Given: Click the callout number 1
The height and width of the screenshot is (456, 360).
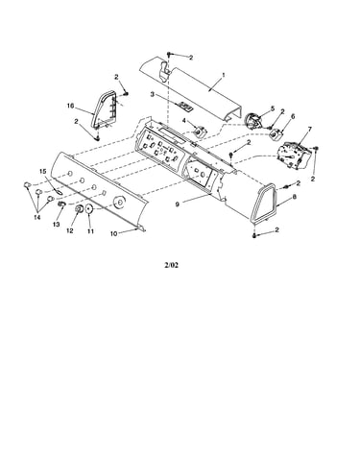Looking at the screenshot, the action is point(224,75).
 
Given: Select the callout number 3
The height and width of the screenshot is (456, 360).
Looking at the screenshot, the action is point(153,94).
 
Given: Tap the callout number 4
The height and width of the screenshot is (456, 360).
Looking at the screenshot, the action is point(184,120).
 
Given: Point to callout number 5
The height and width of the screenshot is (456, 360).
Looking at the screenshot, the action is point(273,108).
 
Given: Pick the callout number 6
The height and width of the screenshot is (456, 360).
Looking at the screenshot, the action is point(293,116).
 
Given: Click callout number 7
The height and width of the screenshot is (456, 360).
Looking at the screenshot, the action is point(309,129).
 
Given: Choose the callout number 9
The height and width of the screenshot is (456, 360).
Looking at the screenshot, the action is point(178,203).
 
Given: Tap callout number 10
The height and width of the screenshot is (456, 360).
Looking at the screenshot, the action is point(114,234).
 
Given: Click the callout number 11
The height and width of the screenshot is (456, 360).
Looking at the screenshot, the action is point(90,230).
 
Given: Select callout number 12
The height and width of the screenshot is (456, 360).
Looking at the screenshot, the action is point(70,230).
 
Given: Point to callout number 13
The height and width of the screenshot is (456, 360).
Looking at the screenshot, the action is point(57,225).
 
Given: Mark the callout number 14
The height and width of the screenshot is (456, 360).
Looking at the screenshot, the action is point(37,217).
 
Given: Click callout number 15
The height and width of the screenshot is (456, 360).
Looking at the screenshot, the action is point(43,172).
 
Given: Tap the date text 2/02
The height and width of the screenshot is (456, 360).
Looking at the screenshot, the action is point(172,265).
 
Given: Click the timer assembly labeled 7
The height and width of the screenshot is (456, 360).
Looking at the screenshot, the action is point(293,155).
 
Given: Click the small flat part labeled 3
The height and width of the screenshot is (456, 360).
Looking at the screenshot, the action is point(185,106).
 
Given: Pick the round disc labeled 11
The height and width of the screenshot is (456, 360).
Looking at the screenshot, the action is point(89,209).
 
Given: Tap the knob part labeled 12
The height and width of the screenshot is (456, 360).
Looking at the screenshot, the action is point(78,209).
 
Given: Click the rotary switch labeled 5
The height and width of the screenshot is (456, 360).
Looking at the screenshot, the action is point(252,121).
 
